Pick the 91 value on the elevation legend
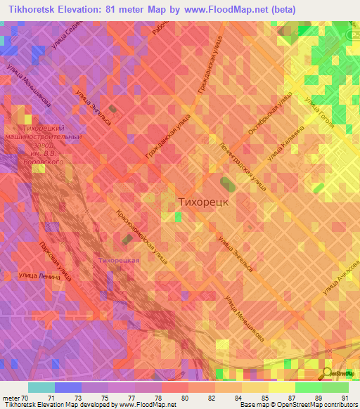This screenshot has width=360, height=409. tap(343, 398)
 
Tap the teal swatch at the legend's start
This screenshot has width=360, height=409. tap(41, 387)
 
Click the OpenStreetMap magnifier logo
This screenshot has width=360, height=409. tap(329, 373)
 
